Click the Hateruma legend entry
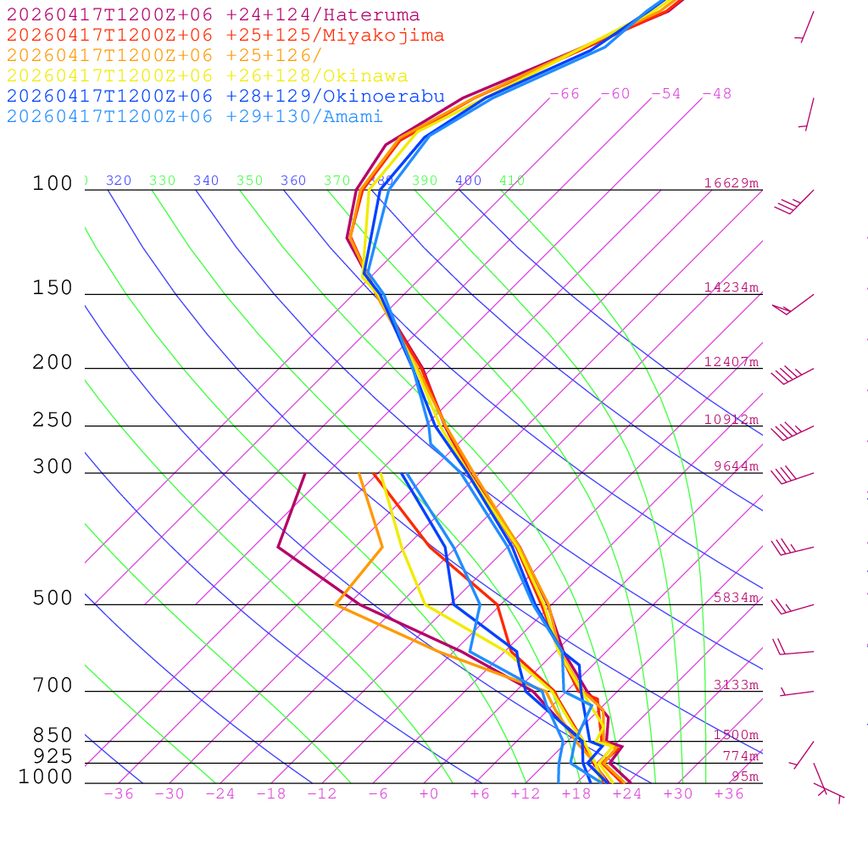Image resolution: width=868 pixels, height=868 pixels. pos(213,15)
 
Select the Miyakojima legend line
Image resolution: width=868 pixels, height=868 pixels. pos(225,36)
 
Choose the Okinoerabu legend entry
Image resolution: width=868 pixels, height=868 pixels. pos(225,96)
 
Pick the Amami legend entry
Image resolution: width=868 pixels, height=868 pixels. pos(195,116)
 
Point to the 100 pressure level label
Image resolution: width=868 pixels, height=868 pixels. pos(53,184)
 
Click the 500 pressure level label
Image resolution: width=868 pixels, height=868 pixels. pos(53,598)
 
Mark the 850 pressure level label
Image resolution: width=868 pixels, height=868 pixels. pos(53,736)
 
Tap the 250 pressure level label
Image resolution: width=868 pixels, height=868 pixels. pos(53,420)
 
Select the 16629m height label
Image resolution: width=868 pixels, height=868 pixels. pos(732,183)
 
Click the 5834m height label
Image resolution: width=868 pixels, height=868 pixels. pos(736,598)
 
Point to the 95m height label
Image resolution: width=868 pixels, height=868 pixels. pos(745,776)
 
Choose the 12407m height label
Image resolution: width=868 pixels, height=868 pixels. pos(732,362)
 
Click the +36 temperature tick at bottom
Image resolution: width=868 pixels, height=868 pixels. pos(729,794)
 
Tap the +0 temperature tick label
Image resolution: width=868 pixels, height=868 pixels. pos(429,794)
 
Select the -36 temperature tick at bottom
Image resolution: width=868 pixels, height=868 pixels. pos(119,794)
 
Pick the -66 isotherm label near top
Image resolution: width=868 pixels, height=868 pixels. pos(565,94)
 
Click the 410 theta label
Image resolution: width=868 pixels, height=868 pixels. pos(512,181)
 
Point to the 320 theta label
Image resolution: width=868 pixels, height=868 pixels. pos(119,181)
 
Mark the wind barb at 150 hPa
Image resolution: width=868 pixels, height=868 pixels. pos(792,305)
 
